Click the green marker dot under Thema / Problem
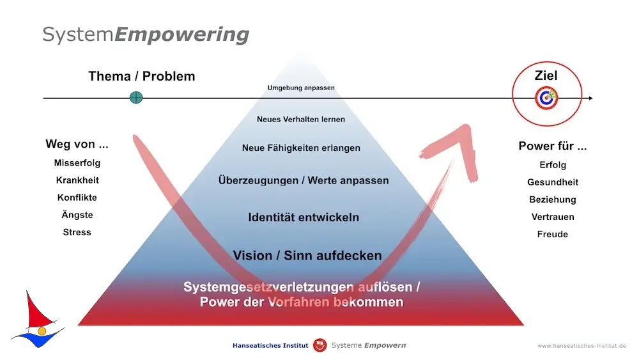tap(136, 98)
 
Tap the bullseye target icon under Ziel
tap(546, 98)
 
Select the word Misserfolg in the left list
tap(77, 163)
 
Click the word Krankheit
tap(77, 180)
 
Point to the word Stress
tap(77, 232)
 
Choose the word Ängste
tap(77, 214)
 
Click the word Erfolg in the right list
tap(553, 165)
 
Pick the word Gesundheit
tap(553, 182)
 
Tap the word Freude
tap(553, 235)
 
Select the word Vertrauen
tap(553, 217)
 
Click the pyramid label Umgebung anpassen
tap(301, 88)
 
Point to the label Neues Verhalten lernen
tap(301, 120)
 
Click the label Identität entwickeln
tap(304, 217)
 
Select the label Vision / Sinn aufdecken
tap(307, 256)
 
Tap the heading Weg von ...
tap(77, 145)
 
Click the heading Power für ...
tap(553, 146)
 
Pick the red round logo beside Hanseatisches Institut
tap(320, 345)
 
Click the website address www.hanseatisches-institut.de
tap(581, 346)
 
